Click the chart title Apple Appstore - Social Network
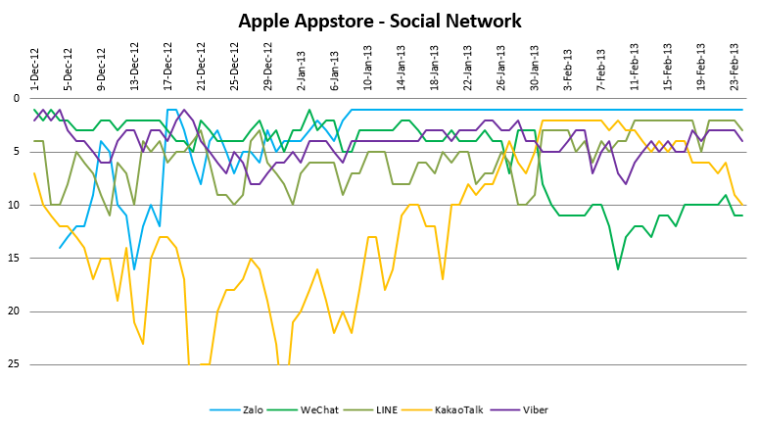pyautogui.click(x=379, y=21)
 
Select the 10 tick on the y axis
pyautogui.click(x=14, y=206)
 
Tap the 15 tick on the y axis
pyautogui.click(x=14, y=259)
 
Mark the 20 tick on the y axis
pyautogui.click(x=14, y=311)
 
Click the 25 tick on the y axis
pyautogui.click(x=14, y=364)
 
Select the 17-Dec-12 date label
pyautogui.click(x=167, y=65)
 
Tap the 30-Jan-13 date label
pyautogui.click(x=534, y=65)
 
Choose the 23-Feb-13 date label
pyautogui.click(x=734, y=65)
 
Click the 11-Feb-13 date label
pyautogui.click(x=634, y=65)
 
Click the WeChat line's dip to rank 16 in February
pyautogui.click(x=618, y=268)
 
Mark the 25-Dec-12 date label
pyautogui.click(x=234, y=65)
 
